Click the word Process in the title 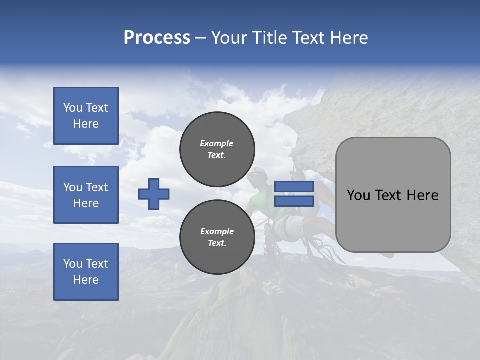click(x=157, y=38)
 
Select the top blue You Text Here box click(x=86, y=116)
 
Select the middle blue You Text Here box click(x=86, y=195)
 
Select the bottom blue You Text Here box click(x=86, y=272)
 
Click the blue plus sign click(x=154, y=194)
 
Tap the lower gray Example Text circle click(x=217, y=237)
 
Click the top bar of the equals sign click(x=294, y=187)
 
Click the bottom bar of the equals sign click(x=294, y=201)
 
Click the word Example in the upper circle click(x=216, y=143)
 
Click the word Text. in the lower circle click(x=217, y=243)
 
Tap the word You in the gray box click(x=358, y=195)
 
